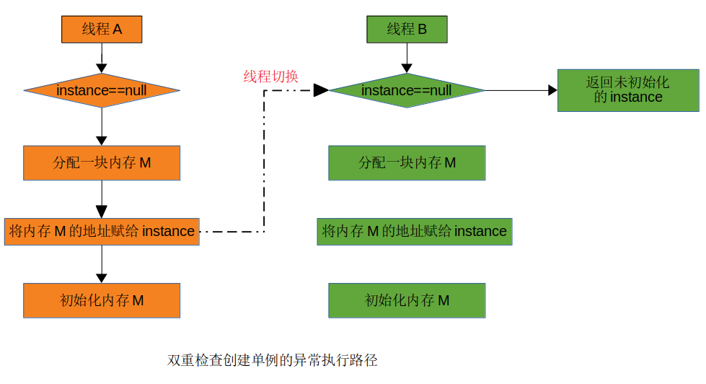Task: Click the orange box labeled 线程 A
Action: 102,30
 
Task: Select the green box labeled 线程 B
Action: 407,30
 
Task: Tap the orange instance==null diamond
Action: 102,91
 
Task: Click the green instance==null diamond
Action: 407,91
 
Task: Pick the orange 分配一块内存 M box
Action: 102,163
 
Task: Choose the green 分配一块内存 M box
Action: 407,163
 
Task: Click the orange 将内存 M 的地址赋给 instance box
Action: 102,232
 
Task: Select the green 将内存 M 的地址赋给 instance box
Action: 415,232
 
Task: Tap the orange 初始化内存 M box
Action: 102,300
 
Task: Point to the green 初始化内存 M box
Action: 407,300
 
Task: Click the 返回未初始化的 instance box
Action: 628,90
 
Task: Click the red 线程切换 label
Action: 270,77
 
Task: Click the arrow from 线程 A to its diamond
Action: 102,58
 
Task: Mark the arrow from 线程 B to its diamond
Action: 407,58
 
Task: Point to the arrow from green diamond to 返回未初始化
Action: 519,90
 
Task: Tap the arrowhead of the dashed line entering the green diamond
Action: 321,90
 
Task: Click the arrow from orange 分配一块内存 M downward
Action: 102,198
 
